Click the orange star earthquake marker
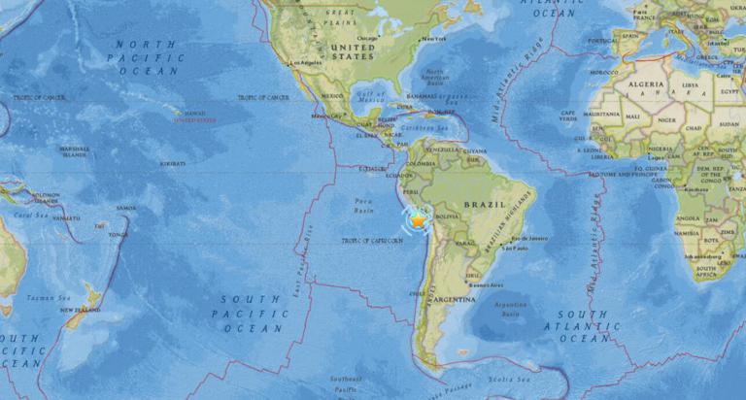[x=419, y=220]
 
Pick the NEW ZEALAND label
[x=82, y=310]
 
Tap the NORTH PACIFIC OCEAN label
[x=147, y=57]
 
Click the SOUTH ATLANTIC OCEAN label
[x=585, y=326]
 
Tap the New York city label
[x=433, y=39]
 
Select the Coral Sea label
[x=32, y=215]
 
